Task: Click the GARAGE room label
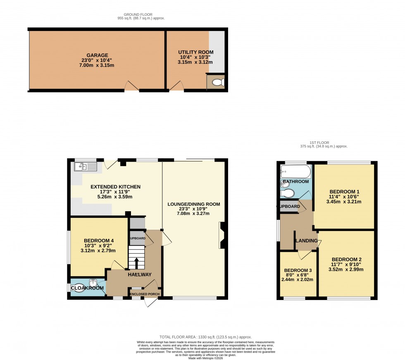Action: (x=97, y=55)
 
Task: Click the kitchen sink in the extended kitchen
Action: (x=85, y=167)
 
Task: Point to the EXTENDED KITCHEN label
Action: (x=116, y=187)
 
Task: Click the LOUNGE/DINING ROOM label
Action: (x=193, y=204)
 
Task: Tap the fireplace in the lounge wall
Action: (x=222, y=235)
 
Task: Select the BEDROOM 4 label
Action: (x=98, y=241)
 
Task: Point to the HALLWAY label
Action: (x=139, y=275)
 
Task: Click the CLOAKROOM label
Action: (x=87, y=288)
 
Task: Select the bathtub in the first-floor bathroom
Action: (x=295, y=171)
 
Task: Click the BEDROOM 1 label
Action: (x=344, y=191)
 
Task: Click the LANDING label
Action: (x=306, y=241)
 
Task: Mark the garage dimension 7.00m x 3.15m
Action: (x=97, y=65)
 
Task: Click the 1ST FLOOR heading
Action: (x=324, y=143)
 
